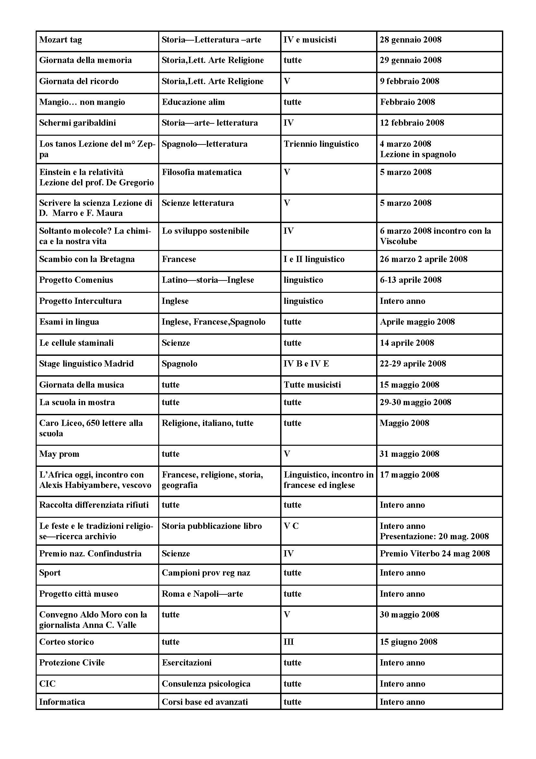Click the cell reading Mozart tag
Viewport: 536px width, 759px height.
coord(61,40)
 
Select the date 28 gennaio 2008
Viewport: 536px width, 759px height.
coord(410,40)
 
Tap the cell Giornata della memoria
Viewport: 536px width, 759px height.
coord(85,60)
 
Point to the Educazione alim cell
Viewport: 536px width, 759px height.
coord(193,102)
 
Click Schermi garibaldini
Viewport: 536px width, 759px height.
coord(77,123)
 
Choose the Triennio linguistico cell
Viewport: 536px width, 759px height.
coord(321,144)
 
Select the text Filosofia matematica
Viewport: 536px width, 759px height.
coord(201,172)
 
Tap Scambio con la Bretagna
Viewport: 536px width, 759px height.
coord(87,259)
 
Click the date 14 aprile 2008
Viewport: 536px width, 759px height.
coord(407,343)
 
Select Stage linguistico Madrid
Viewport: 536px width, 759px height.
coord(86,364)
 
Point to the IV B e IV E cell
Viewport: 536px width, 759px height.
coord(306,364)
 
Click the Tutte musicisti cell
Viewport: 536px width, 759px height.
coord(312,385)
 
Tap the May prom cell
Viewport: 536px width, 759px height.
coord(59,454)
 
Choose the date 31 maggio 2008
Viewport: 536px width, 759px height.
coord(409,454)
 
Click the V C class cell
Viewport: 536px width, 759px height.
coord(291,526)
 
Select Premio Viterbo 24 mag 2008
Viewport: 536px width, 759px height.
coord(434,554)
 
